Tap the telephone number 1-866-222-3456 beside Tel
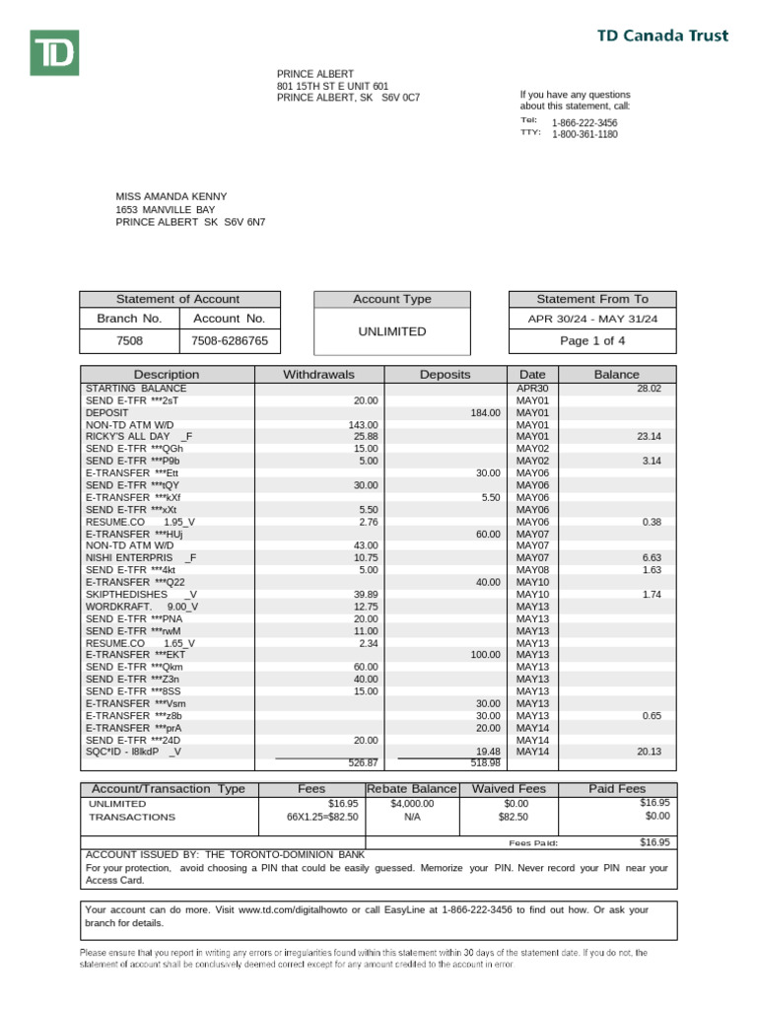click(585, 122)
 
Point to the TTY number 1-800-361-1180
click(585, 134)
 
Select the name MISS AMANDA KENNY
click(171, 196)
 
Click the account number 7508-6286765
click(229, 341)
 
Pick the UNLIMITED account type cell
click(391, 331)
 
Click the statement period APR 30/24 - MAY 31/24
click(592, 319)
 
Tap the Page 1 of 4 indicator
click(592, 341)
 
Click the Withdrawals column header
click(318, 375)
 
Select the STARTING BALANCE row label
click(135, 389)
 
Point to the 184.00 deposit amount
click(485, 413)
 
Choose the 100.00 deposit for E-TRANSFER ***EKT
click(485, 655)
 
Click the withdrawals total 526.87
click(363, 762)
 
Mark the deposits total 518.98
click(485, 762)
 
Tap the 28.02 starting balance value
click(648, 389)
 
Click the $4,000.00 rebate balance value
click(411, 804)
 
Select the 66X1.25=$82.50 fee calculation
click(322, 818)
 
